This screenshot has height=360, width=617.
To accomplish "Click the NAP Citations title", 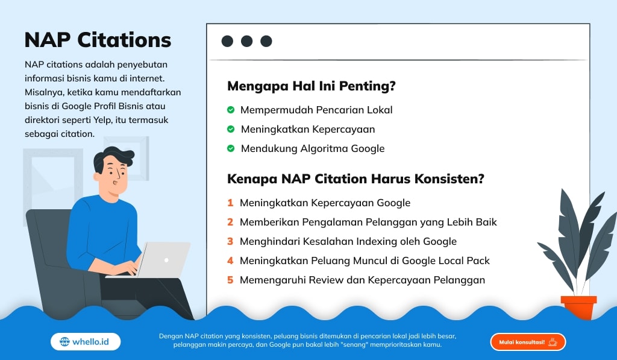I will (98, 40).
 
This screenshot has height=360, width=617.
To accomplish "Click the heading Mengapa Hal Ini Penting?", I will (311, 86).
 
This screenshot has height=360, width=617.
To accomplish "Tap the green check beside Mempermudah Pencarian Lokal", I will (230, 110).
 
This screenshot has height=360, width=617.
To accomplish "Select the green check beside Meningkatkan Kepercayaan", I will (230, 129).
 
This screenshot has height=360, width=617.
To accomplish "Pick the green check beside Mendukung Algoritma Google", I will (230, 148).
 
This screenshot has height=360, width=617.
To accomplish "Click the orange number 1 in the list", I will (230, 203).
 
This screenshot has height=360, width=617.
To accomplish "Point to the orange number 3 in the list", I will (230, 241).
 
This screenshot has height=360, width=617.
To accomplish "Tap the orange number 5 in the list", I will (230, 280).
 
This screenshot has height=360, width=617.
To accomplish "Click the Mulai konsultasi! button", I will (528, 342).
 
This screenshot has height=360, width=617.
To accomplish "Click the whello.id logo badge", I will (86, 342).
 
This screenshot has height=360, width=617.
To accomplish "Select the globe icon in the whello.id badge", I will (64, 342).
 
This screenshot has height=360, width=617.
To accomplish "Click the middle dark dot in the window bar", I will (246, 41).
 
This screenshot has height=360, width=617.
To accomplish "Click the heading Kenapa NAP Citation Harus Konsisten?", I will (355, 179).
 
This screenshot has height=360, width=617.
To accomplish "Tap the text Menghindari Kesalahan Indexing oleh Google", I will (348, 241).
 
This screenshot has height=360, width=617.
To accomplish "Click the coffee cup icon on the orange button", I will (553, 342).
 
